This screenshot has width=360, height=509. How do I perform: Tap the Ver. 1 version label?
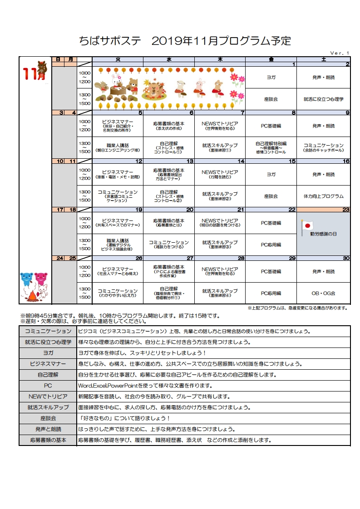340,53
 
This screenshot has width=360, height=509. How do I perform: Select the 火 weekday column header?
118,59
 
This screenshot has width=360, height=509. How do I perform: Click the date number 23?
346,210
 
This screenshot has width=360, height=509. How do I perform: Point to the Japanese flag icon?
308,225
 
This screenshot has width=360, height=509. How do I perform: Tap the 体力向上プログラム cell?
323,196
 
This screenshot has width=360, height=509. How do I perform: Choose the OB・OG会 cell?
323,293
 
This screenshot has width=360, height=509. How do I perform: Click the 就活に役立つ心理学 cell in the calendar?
323,98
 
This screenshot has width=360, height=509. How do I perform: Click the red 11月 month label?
35,75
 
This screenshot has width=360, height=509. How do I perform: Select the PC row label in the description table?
48,386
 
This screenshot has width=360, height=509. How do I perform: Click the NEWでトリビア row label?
48,396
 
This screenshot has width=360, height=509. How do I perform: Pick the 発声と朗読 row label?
48,429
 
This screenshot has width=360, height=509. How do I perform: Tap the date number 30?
346,258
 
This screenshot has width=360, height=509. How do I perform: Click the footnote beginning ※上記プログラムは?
297,308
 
